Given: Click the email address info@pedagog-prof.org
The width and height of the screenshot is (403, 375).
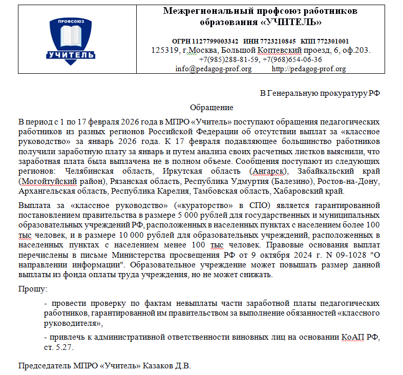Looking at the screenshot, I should coord(213,69).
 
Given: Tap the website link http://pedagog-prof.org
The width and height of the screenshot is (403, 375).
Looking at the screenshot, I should coord(308,69).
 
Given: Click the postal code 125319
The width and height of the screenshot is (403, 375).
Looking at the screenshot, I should coord(164,50).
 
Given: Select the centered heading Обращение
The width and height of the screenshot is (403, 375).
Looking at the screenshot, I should coord(211,108).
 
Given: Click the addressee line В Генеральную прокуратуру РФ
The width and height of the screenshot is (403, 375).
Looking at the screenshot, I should coord(320,93).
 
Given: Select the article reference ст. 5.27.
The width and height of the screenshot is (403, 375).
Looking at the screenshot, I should coord(59,347).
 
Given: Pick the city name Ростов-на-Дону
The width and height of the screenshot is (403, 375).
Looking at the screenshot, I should coord(352,182).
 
